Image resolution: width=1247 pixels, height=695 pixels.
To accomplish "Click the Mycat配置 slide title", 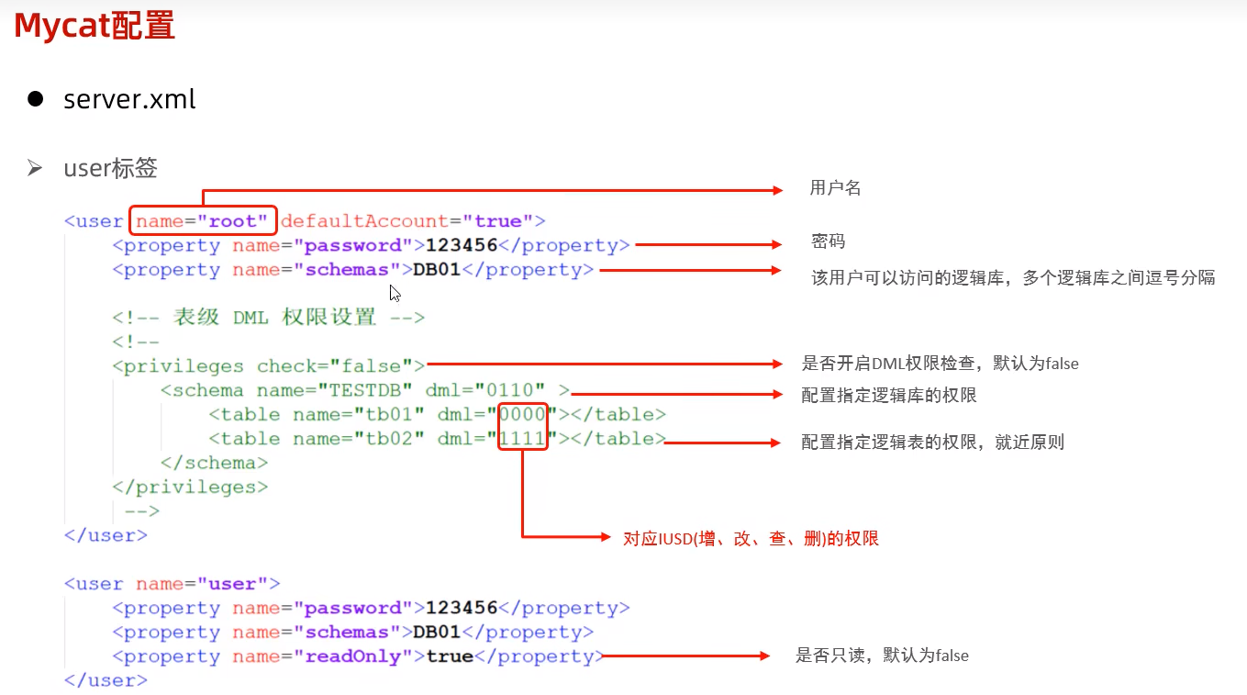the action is [x=95, y=26].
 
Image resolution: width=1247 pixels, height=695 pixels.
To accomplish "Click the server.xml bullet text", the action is [x=129, y=99].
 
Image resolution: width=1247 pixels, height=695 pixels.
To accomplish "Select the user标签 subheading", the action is [x=110, y=168].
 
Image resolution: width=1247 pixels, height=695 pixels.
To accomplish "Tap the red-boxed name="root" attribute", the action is [x=203, y=221].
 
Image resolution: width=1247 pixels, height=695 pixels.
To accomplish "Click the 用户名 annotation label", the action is [x=835, y=188].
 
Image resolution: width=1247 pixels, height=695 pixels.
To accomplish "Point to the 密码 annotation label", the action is [x=828, y=241].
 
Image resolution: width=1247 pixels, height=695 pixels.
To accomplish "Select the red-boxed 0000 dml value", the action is [x=523, y=414].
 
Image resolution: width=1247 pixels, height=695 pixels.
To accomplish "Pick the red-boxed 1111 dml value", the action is [x=523, y=439].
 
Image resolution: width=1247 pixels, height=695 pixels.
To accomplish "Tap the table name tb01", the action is [x=389, y=414].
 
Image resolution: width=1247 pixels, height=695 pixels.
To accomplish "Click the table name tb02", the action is [x=389, y=439].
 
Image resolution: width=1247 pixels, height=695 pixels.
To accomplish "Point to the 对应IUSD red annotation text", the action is [x=751, y=538].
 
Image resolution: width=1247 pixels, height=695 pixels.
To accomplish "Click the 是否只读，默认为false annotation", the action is [x=882, y=656].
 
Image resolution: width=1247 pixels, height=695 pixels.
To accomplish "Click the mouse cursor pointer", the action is [x=394, y=293].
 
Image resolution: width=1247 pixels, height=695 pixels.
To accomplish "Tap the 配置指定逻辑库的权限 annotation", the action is [x=888, y=395].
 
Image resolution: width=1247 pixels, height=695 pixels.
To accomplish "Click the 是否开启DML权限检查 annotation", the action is [x=940, y=364].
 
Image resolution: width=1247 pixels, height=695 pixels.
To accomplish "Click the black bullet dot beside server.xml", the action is [x=36, y=99].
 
